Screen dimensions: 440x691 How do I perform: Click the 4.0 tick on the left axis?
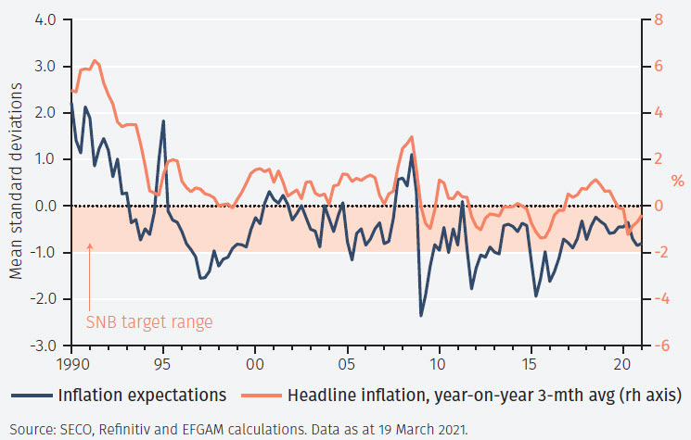(45, 19)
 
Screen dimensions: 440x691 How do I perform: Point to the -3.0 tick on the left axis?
(44, 346)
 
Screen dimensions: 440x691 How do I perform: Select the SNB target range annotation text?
(149, 322)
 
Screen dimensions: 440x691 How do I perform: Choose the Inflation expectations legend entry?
(142, 395)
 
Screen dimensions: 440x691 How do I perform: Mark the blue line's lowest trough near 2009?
(421, 316)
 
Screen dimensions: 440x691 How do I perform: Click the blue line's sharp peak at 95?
(163, 121)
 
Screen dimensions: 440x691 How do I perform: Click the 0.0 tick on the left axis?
(45, 206)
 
